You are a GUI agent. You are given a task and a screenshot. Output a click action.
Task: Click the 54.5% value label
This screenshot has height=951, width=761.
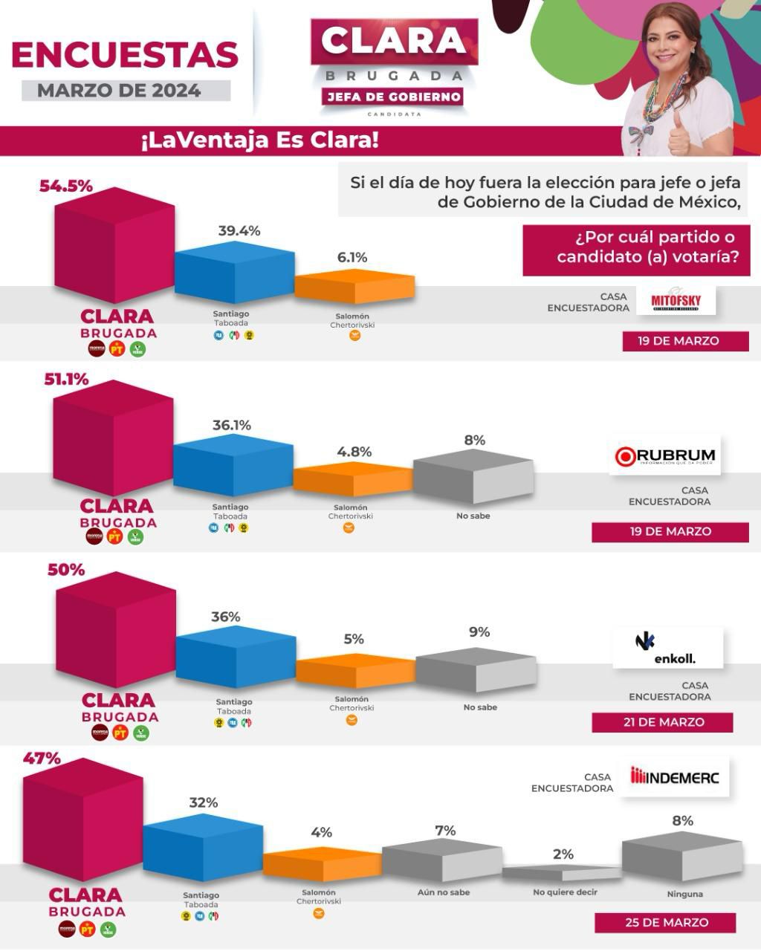pos(66,186)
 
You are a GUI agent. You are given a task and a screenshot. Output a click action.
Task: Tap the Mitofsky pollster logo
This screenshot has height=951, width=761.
pos(676,300)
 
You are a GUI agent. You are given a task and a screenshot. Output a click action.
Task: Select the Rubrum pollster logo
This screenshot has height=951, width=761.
pos(665,455)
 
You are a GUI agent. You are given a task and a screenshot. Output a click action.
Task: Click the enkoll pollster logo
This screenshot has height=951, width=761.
pos(667,648)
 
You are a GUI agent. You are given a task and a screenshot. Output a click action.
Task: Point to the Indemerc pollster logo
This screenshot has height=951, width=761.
pos(675,777)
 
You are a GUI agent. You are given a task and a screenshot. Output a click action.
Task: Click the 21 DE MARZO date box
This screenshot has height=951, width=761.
pos(662,722)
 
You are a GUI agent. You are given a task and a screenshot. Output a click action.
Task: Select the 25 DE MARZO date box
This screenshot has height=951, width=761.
pos(664,923)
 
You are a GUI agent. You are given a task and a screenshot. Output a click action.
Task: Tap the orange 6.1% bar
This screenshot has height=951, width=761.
pos(354,287)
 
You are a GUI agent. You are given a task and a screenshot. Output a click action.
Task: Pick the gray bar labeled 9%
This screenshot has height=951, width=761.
pos(476,669)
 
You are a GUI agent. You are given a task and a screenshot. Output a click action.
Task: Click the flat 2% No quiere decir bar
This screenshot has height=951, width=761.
pos(561,873)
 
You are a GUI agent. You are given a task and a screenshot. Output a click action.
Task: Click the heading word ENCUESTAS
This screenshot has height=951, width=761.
pos(125,55)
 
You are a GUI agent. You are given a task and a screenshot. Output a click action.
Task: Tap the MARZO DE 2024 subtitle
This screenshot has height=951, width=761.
pos(120,91)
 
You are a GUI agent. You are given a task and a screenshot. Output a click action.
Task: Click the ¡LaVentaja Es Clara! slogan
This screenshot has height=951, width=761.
pos(259,140)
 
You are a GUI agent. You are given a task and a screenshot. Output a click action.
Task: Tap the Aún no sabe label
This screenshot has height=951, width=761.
pos(444,892)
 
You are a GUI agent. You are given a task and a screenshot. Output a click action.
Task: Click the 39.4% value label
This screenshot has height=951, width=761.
pos(239,231)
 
